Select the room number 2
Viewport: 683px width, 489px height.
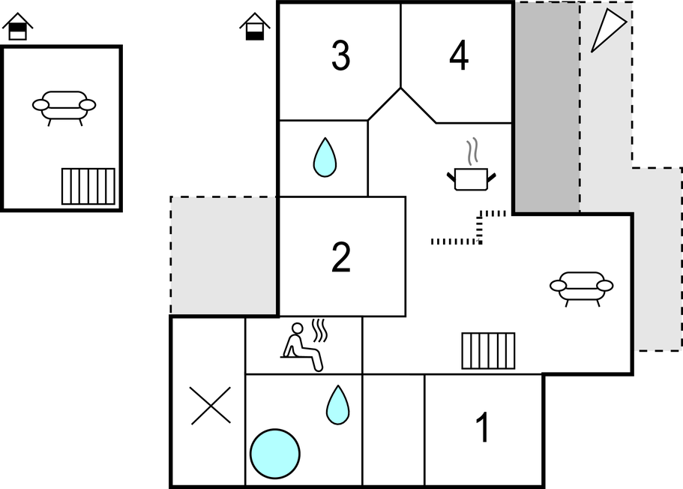341,257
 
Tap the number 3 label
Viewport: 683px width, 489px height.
340,55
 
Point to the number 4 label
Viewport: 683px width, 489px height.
459,55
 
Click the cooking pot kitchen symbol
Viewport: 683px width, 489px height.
472,179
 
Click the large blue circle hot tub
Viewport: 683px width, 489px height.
275,454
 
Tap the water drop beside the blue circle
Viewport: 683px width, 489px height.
337,405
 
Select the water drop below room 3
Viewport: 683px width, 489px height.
325,157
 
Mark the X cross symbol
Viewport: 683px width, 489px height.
211,406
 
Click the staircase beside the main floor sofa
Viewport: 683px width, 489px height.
488,351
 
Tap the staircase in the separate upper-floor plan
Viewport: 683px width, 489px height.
88,186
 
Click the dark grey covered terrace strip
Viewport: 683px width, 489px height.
547,107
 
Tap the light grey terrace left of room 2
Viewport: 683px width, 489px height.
223,256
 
